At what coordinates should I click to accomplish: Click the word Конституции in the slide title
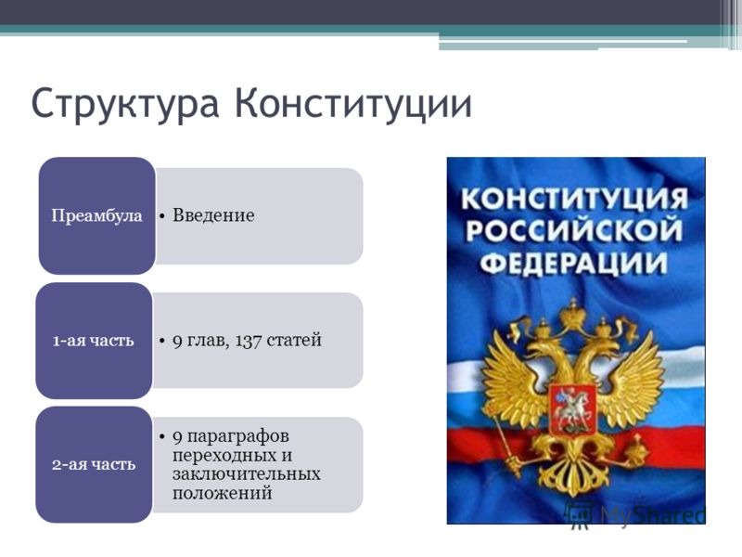coord(353,102)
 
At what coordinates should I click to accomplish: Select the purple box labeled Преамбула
coord(97,215)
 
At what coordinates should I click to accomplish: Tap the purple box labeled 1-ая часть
coord(94,341)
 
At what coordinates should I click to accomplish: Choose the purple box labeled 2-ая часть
coord(94,465)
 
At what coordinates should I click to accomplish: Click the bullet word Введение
coord(213,215)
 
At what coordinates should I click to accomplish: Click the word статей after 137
coord(294,340)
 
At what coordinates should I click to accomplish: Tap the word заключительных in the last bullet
coord(247,474)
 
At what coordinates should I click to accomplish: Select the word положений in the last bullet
coord(222,494)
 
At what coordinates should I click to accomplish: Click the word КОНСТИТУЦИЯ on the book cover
coord(574,199)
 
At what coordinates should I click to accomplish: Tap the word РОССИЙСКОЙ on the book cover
coord(574,230)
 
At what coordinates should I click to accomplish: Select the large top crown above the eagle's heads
coord(573,315)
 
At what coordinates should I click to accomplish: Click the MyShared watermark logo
coord(635,513)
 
